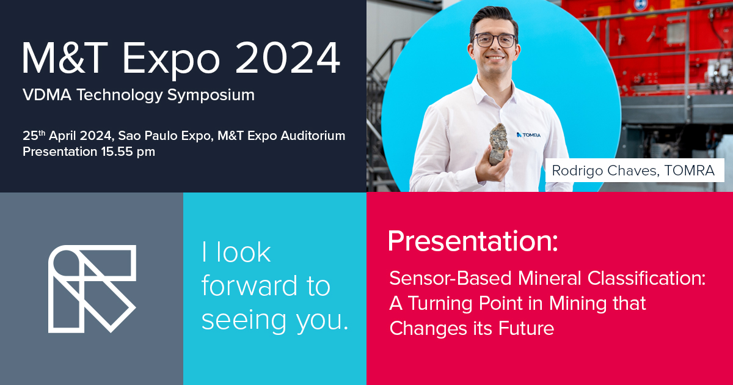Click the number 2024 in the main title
(288, 58)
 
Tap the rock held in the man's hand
(499, 143)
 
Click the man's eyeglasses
(495, 40)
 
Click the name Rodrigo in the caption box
(577, 170)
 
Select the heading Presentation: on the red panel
(473, 241)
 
